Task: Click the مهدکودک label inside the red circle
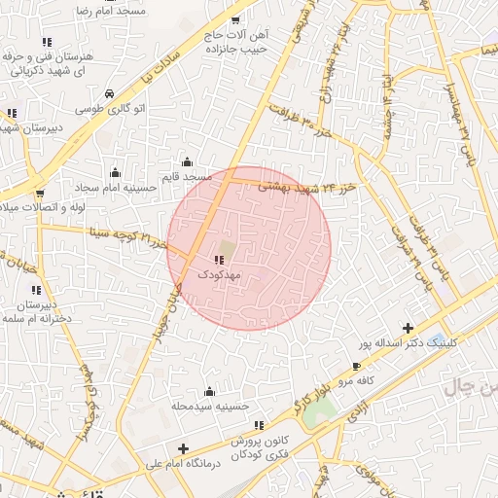pos(219,275)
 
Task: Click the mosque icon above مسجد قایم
pos(187,162)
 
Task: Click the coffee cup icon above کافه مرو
pos(356,366)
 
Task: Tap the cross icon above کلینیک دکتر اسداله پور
pos(408,328)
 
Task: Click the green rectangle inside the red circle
pos(227,247)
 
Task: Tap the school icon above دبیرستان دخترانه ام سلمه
pos(36,290)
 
